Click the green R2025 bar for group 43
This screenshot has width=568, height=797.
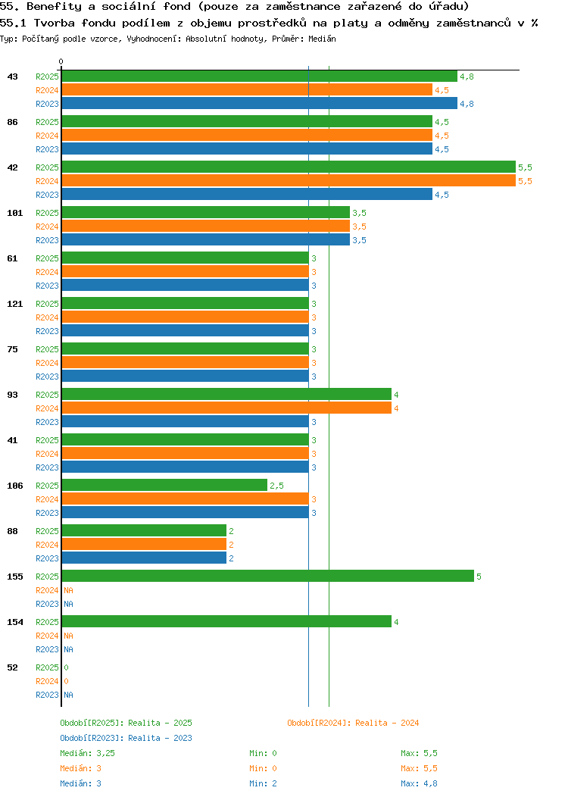coord(259,77)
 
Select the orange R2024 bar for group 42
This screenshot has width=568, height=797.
coord(288,181)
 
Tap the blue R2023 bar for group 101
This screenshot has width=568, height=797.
coord(205,240)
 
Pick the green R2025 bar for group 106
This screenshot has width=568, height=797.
coord(164,486)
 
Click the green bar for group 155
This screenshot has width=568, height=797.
coord(267,577)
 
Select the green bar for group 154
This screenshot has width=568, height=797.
coord(226,622)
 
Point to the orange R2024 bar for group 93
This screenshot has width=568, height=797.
coord(226,408)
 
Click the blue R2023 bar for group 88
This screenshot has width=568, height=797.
coord(144,558)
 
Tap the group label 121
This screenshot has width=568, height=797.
coord(15,304)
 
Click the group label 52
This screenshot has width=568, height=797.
coord(12,667)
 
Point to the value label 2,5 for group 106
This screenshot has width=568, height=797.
coord(277,486)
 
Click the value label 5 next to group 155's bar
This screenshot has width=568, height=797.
coord(479,577)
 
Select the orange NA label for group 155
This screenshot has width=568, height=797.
coord(68,590)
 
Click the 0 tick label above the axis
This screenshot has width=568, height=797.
coord(61,61)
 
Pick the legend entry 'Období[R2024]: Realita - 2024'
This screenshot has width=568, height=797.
coord(353,723)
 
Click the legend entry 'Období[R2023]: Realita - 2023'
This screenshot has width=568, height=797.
coord(126,738)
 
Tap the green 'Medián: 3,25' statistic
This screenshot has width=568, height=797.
coord(88,753)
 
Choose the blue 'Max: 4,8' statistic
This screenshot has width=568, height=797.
coord(419,783)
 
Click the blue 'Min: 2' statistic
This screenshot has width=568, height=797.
coord(263,783)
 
